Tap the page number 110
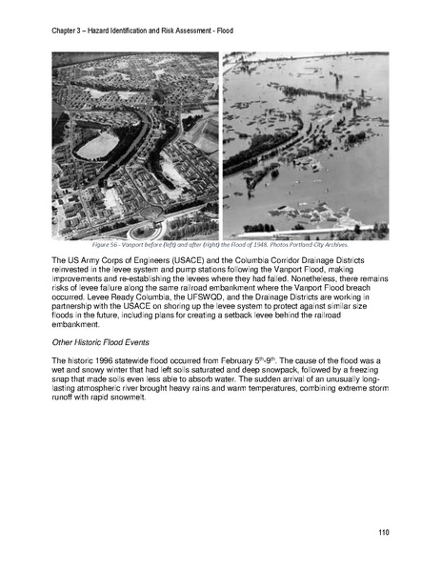382,531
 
